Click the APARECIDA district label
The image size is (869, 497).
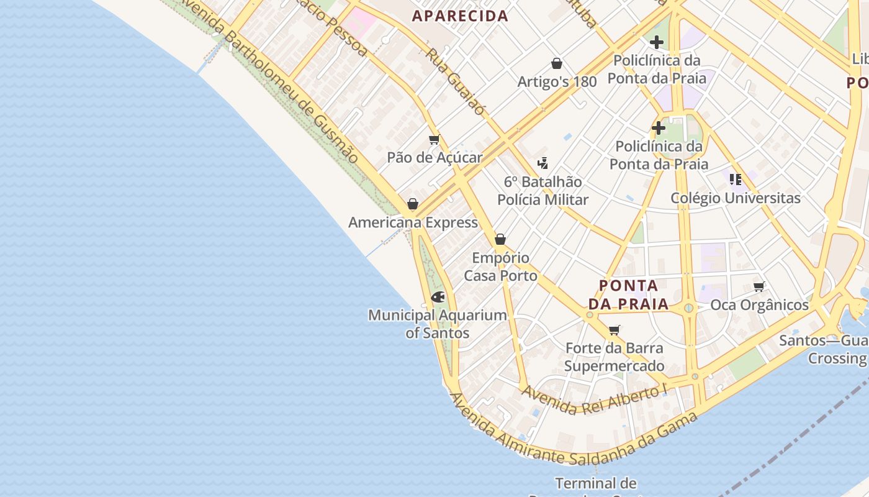tap(460, 16)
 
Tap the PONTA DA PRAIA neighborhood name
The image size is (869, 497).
tap(628, 295)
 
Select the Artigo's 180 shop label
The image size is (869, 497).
tap(557, 81)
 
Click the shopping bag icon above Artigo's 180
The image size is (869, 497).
tap(557, 63)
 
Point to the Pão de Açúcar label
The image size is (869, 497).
tap(434, 157)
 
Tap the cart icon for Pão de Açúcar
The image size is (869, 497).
tap(434, 140)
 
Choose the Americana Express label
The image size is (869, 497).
tap(413, 222)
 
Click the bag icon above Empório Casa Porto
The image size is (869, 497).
tap(500, 239)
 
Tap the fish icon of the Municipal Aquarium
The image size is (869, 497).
tap(438, 297)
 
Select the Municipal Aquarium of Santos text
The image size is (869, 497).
tap(438, 324)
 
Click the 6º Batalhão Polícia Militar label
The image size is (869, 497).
tap(543, 190)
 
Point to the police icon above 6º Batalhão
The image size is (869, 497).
tap(543, 163)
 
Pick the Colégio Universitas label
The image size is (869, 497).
tap(736, 198)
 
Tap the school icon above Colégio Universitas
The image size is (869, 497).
tap(736, 180)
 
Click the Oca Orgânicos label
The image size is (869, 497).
tap(759, 305)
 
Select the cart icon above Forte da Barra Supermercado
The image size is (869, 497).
tap(615, 330)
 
